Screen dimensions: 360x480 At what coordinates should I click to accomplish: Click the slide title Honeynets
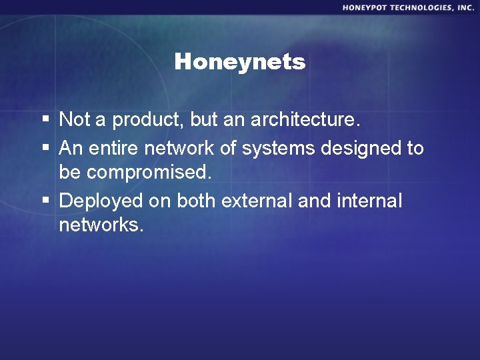pos(239,62)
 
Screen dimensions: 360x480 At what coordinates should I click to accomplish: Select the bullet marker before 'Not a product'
pos(45,120)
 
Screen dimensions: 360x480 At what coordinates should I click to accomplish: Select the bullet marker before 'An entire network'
pos(45,148)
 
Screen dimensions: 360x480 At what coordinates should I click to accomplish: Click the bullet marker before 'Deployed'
pos(45,201)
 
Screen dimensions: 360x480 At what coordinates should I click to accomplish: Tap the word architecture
pos(305,121)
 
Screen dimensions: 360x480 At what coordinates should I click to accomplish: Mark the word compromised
pos(149,173)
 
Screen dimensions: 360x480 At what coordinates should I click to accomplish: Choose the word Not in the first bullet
pos(73,120)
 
